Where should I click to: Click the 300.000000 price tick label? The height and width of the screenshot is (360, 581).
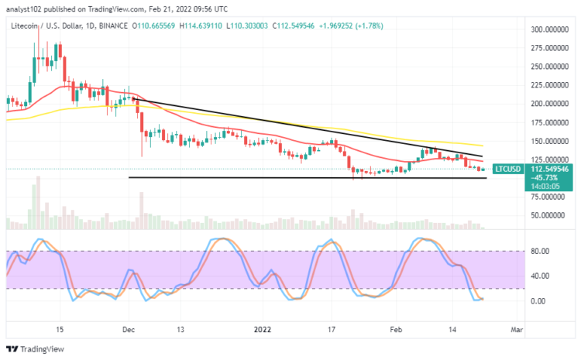(x=545, y=29)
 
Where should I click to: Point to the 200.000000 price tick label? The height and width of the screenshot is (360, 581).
(x=545, y=104)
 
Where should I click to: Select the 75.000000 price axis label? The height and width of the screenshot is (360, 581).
(x=545, y=197)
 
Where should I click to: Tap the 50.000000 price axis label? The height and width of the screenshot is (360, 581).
(x=545, y=216)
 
